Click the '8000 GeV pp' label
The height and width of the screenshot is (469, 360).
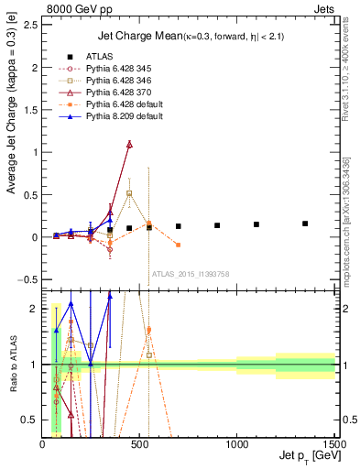(x=72, y=6)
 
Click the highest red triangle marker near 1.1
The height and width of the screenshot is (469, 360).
(x=129, y=144)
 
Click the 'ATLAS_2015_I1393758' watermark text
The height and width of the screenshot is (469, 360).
(x=189, y=273)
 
